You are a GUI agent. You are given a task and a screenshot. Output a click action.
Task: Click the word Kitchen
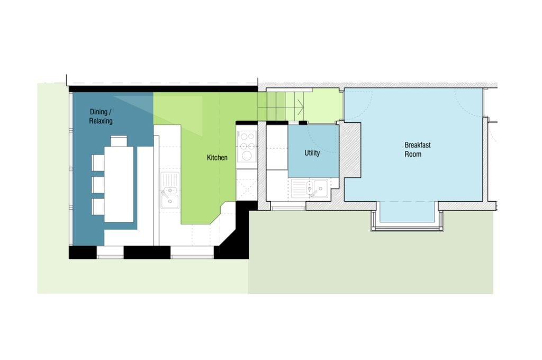[217, 158]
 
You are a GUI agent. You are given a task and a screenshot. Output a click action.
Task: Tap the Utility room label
[312, 153]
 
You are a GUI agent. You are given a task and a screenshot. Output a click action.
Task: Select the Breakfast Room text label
[413, 149]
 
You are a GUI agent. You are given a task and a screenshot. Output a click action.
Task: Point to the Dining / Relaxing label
[101, 116]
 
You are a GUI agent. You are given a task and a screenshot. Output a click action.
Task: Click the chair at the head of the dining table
[119, 141]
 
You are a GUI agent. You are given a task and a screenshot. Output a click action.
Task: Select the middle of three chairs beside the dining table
[98, 184]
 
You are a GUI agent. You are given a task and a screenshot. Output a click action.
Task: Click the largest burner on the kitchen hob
[247, 156]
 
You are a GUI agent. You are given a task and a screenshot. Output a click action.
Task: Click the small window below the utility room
[288, 208]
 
